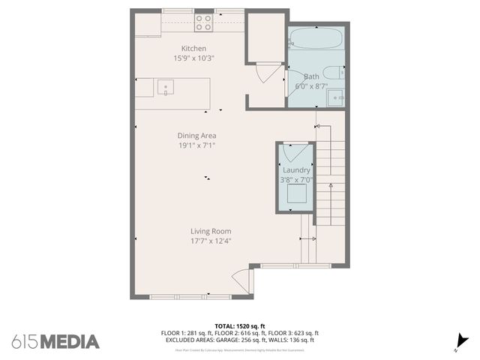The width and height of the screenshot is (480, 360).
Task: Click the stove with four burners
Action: tap(203, 23)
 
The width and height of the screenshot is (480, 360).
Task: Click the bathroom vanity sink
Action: tap(337, 97)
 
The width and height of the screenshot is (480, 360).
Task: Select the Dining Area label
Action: tap(196, 136)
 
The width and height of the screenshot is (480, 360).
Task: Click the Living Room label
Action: tap(210, 231)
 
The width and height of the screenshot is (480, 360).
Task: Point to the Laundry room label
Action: tap(296, 170)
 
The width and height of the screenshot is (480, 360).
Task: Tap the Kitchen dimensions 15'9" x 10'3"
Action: tap(193, 58)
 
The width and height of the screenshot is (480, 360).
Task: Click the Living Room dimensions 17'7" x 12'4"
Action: tap(210, 241)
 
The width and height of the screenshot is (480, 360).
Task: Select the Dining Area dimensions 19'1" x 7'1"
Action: tap(196, 145)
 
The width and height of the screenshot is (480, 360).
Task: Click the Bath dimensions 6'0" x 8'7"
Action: tap(312, 86)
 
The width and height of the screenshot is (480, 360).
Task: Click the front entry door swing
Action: tap(242, 281)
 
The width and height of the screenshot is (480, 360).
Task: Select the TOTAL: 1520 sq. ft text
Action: tap(239, 325)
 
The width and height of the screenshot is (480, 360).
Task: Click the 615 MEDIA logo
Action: tap(55, 342)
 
